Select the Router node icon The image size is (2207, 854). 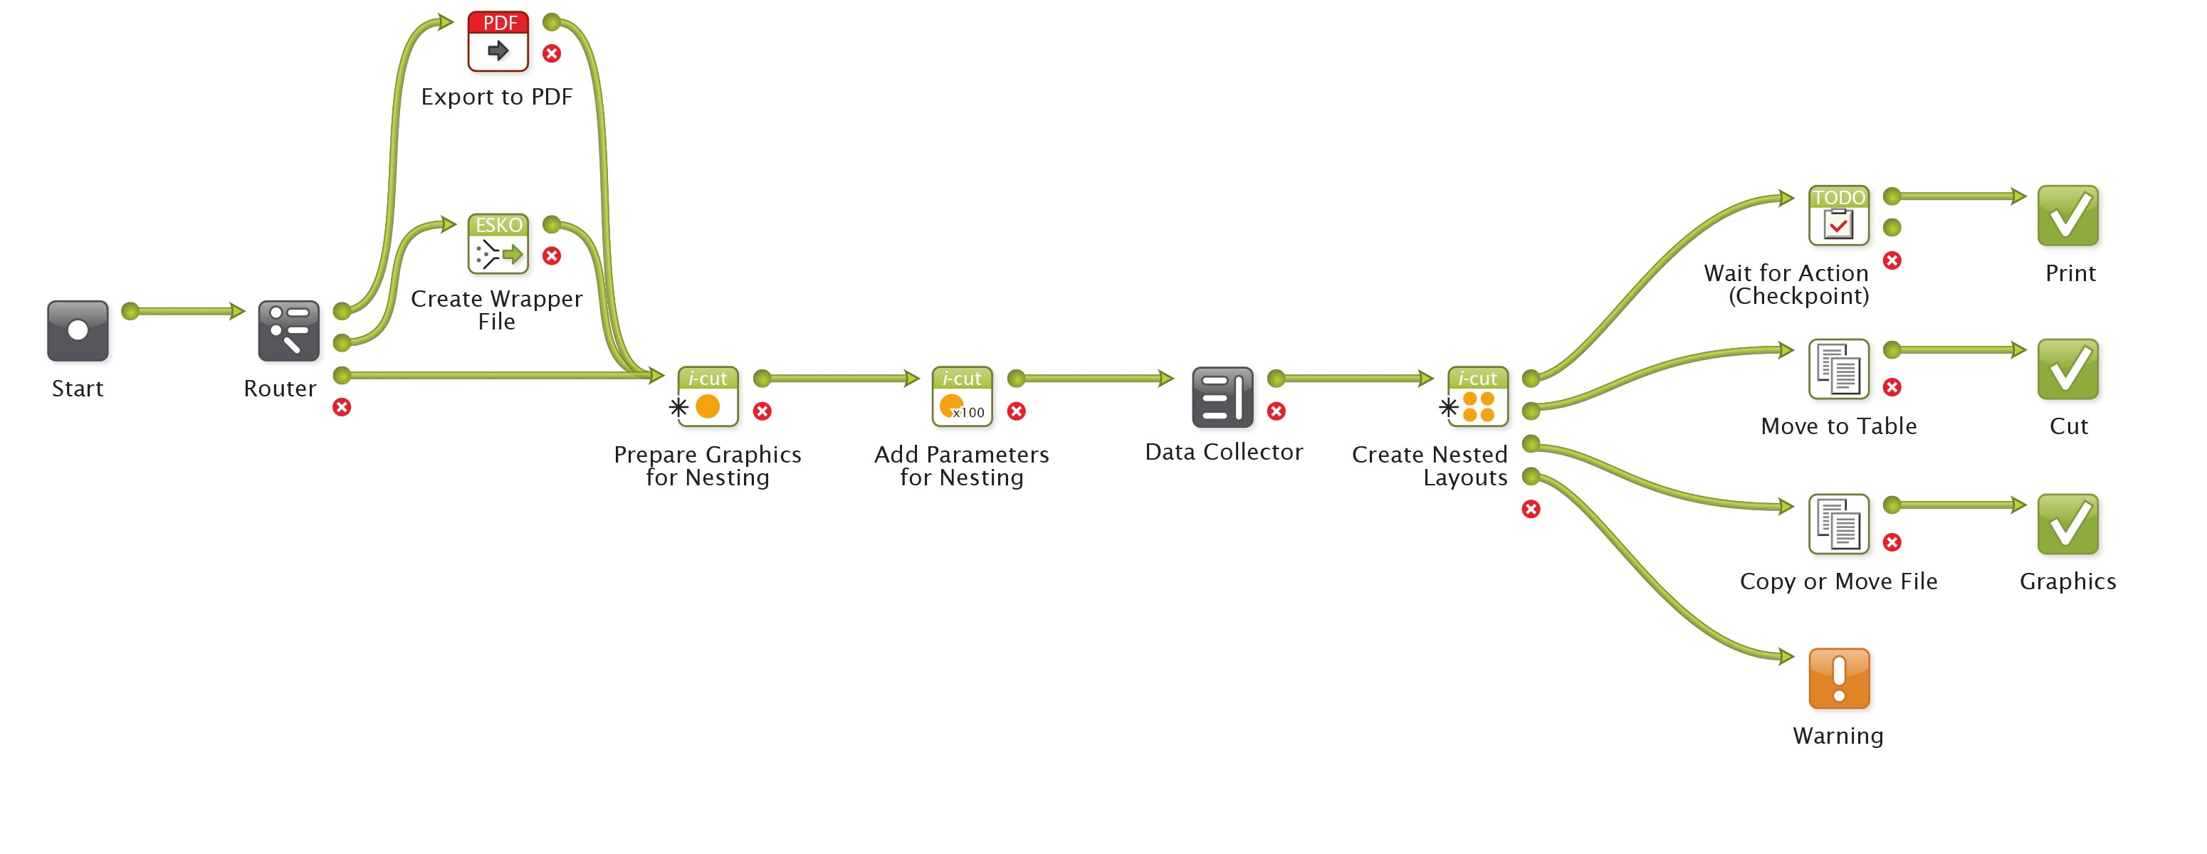point(289,331)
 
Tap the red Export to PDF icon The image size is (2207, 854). point(498,41)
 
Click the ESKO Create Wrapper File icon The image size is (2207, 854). point(498,244)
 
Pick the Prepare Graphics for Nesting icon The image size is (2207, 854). point(708,396)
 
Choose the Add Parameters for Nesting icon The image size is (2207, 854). point(962,396)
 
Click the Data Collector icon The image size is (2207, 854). point(1222,397)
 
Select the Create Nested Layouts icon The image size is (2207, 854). point(1478,396)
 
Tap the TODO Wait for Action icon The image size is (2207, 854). point(1839,216)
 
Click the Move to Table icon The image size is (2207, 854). point(1839,369)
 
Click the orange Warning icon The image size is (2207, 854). point(1839,678)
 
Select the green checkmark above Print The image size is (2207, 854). point(2067,216)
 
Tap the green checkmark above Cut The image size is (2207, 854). point(2067,369)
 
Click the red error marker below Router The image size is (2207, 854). point(342,407)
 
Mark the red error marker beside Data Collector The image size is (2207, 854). point(1277,411)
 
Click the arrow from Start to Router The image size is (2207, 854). point(184,311)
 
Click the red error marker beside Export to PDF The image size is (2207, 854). point(552,54)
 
